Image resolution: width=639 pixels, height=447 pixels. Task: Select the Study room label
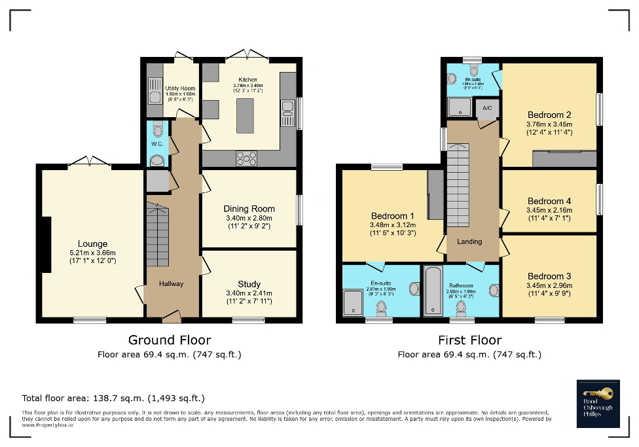tap(249, 284)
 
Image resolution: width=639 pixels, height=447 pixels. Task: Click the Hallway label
tap(172, 283)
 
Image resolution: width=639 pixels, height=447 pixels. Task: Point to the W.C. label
tap(156, 144)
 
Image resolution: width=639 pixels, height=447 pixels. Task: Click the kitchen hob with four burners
tap(246, 158)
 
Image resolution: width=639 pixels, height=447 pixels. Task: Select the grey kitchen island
tap(244, 116)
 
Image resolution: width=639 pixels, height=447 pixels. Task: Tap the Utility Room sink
tap(154, 91)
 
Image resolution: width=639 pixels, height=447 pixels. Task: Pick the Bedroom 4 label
tap(549, 201)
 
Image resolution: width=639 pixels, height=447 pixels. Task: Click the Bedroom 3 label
tap(549, 276)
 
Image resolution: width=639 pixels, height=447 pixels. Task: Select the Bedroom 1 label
tap(392, 216)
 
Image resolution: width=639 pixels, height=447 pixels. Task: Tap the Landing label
tap(469, 241)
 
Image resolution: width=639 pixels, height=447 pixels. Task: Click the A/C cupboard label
tap(487, 108)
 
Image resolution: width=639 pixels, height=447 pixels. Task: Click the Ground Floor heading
tap(169, 340)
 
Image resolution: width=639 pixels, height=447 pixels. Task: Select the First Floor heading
tap(469, 340)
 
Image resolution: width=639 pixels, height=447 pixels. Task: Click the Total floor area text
tap(113, 398)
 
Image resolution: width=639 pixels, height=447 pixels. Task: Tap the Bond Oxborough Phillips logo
tap(598, 403)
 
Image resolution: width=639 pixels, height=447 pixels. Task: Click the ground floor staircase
tap(157, 236)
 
